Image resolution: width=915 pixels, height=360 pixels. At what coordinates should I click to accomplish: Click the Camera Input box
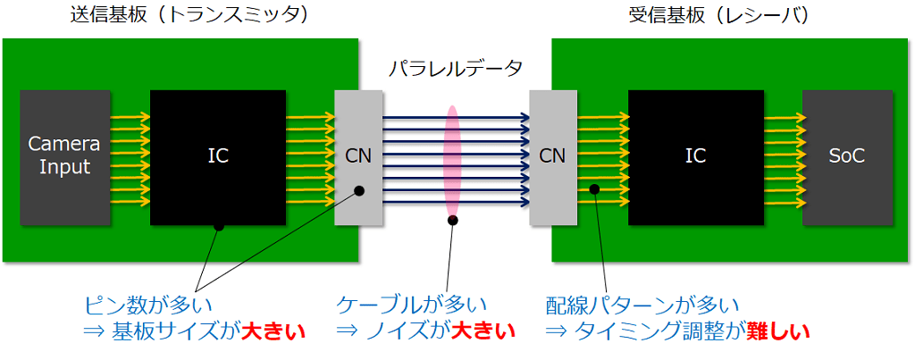[59, 156]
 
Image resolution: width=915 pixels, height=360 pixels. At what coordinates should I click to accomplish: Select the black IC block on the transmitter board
[218, 156]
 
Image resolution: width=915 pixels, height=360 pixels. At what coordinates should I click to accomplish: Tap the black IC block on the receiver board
[695, 156]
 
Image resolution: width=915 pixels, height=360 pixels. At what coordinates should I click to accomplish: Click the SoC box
[847, 156]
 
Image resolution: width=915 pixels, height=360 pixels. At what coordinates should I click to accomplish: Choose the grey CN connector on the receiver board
[553, 156]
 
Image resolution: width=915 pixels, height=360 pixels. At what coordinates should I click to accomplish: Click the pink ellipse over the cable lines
[453, 161]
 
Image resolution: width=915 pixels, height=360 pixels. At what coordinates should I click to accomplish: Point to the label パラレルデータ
[455, 68]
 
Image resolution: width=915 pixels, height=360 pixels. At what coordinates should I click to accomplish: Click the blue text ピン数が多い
[148, 306]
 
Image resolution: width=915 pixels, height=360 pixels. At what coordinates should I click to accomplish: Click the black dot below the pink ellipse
[453, 220]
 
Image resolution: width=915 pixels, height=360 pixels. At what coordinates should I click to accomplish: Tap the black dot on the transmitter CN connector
[359, 189]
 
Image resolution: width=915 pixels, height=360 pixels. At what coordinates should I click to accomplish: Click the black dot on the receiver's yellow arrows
[592, 189]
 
